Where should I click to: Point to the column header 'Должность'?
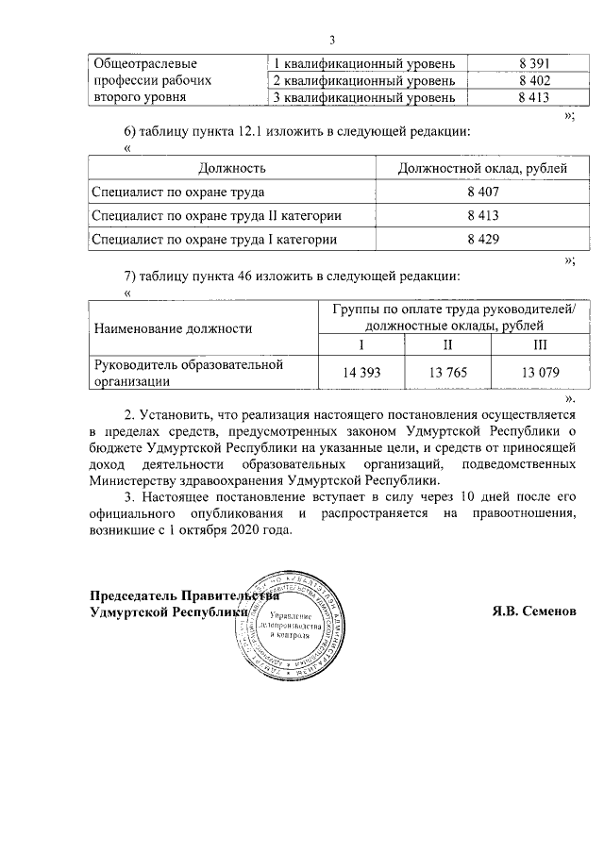coord(231,167)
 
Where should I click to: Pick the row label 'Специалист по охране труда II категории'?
coord(216,216)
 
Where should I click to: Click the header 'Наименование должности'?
coord(172,328)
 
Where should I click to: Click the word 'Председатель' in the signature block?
coord(132,595)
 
